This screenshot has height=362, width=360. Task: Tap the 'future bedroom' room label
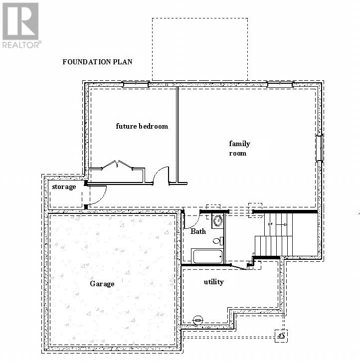click(x=142, y=126)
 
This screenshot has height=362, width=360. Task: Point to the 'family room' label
click(x=239, y=148)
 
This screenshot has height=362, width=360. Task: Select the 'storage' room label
click(x=64, y=186)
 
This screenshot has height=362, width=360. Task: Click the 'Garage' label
click(x=102, y=284)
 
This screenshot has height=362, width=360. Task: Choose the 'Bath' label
click(x=198, y=231)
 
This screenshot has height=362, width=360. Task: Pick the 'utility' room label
click(x=213, y=282)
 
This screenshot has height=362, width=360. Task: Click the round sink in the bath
click(x=217, y=221)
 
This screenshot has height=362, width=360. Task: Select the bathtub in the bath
click(x=207, y=256)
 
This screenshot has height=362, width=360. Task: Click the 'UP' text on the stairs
click(x=270, y=224)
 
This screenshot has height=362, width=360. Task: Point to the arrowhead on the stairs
click(x=285, y=225)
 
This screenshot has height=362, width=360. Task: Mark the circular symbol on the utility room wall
click(x=198, y=319)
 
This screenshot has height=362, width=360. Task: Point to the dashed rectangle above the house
click(x=199, y=49)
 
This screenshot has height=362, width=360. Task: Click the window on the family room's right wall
click(x=319, y=148)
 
